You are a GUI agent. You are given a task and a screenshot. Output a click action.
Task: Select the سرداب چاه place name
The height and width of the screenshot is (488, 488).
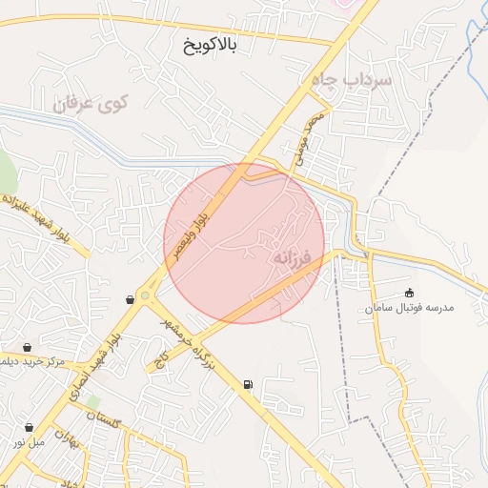point(352,81)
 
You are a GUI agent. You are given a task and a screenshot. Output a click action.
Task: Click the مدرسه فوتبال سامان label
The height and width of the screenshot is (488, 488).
point(412,309)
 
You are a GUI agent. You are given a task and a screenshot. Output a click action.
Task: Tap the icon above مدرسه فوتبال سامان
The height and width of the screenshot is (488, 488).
point(410,293)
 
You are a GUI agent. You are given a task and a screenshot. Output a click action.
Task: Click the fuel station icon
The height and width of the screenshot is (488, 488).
point(248,384)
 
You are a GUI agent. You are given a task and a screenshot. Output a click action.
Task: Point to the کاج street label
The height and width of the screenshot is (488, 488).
point(161,358)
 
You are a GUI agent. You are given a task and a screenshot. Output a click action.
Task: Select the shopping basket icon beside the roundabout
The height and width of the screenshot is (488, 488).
point(129,299)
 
